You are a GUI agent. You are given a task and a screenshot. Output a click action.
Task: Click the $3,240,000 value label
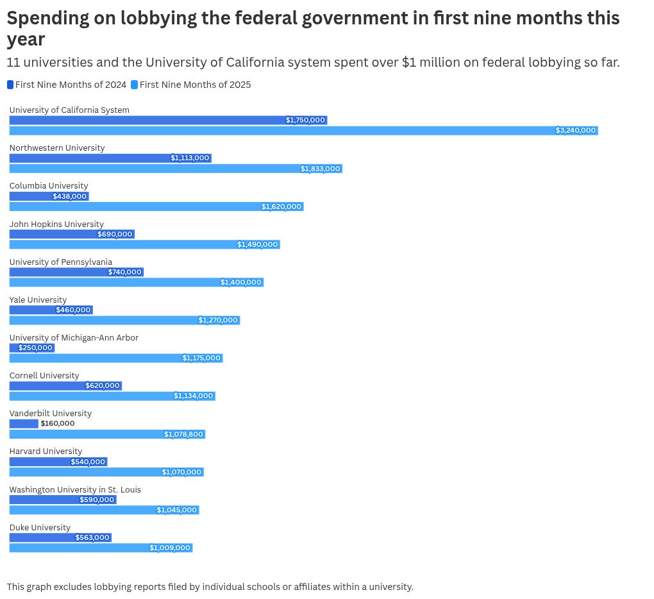(576, 131)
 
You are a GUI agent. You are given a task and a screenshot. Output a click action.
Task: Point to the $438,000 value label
(70, 196)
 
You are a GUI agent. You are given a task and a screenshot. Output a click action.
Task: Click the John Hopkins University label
(56, 224)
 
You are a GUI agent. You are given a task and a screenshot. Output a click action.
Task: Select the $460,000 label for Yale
(73, 310)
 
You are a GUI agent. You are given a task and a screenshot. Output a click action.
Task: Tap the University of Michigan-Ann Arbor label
(74, 337)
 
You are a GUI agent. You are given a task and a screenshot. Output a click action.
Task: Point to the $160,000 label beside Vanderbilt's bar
(58, 423)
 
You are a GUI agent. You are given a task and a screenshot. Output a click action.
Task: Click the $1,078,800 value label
(183, 434)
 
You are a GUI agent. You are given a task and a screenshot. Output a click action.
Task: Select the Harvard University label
(46, 451)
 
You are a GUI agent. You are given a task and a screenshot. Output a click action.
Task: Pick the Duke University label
(40, 527)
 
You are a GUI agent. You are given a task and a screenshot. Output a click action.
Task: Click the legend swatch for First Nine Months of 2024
(10, 85)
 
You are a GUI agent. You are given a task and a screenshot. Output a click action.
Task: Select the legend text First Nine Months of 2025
(195, 85)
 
